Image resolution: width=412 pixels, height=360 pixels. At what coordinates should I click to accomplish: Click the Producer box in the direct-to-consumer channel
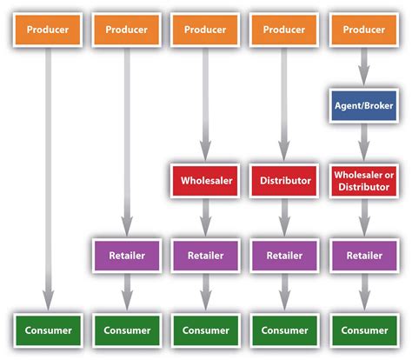[x=48, y=30]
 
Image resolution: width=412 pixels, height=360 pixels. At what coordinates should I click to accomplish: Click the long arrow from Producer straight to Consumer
[x=48, y=174]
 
